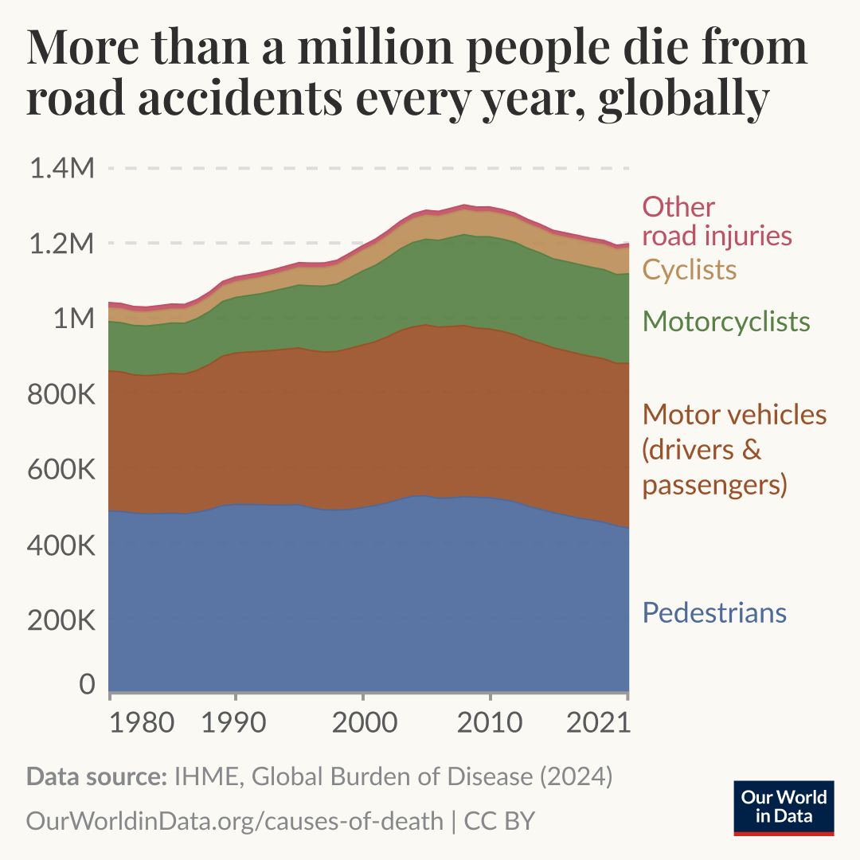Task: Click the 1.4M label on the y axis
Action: coord(61,169)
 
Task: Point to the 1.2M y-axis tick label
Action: coord(61,244)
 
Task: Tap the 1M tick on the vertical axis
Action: coord(73,319)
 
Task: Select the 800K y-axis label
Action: coord(61,395)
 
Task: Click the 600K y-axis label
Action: coord(61,471)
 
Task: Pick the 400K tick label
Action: coord(61,546)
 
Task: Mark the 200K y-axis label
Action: coord(61,621)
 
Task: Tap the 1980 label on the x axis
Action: coord(142,724)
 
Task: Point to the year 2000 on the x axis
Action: coord(362,724)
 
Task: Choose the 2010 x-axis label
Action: coord(490,724)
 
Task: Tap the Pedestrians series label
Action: coord(714,613)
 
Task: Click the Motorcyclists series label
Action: coord(726,322)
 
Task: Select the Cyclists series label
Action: coord(690,270)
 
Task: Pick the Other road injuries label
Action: coord(717,221)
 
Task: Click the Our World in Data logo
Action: coord(784,807)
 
